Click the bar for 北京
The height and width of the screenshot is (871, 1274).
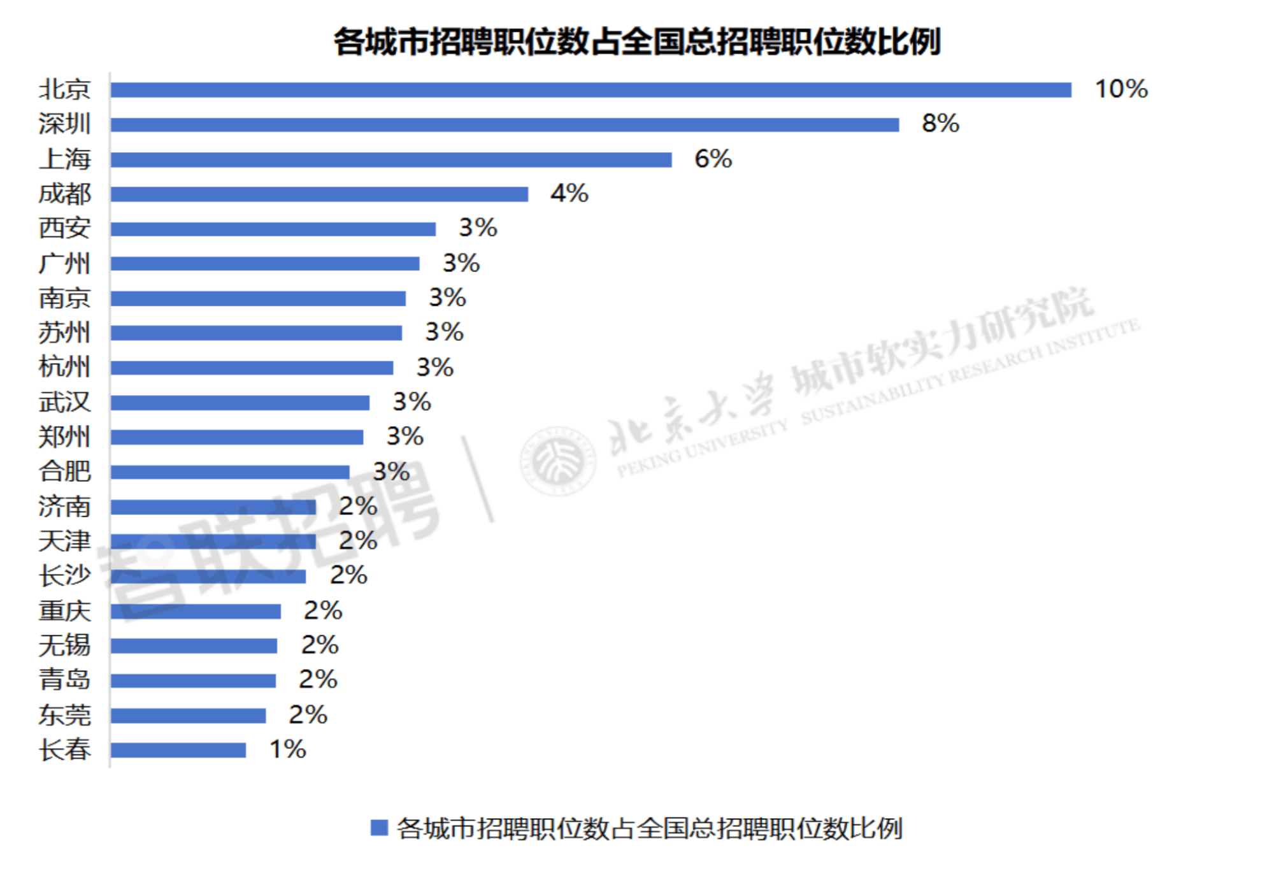[x=590, y=90]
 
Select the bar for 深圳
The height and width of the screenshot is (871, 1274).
[x=505, y=125]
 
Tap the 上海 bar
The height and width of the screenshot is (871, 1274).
[x=391, y=159]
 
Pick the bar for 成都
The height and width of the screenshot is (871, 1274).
[x=319, y=194]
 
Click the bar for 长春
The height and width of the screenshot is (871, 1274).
[x=178, y=750]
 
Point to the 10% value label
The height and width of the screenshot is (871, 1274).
[x=1121, y=89]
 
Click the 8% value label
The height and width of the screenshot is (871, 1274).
[x=940, y=124]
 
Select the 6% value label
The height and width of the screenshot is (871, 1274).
[x=713, y=159]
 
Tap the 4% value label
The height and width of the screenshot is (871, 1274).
[x=569, y=193]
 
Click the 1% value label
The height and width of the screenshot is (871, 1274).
[x=287, y=749]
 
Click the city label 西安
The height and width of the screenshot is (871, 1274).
[x=64, y=228]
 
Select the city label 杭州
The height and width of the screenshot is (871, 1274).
[x=64, y=367]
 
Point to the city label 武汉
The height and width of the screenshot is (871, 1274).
[x=64, y=402]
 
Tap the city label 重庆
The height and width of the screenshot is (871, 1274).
[x=64, y=611]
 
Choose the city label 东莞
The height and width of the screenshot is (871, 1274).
[x=64, y=715]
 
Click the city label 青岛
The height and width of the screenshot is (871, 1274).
[x=64, y=680]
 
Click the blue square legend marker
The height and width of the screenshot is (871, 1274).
[x=379, y=828]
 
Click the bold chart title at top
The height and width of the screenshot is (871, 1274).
[x=637, y=42]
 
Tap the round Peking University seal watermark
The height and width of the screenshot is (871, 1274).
[x=558, y=461]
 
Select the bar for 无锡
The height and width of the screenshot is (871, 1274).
[x=194, y=646]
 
